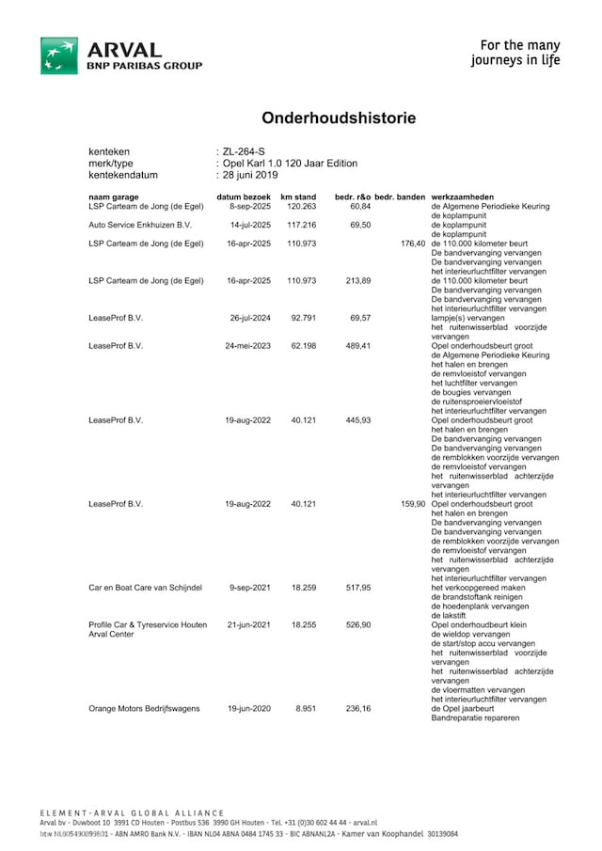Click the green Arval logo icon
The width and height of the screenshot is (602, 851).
[59, 55]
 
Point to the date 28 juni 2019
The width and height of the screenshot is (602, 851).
[250, 174]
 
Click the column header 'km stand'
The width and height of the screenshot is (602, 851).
[298, 196]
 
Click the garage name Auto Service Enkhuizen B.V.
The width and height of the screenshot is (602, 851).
[140, 225]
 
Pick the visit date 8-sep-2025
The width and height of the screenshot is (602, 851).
[250, 205]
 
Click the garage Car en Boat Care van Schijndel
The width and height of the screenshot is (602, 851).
[146, 588]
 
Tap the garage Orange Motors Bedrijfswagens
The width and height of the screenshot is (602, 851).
[144, 708]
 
